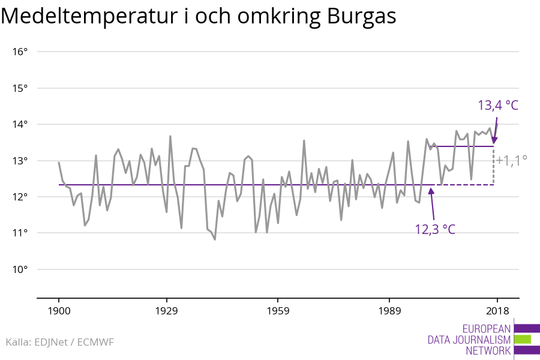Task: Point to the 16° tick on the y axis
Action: coord(20,52)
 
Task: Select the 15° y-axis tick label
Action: coord(20,88)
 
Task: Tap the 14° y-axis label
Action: coord(20,125)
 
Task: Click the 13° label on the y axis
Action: coord(20,161)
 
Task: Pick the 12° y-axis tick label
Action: coord(20,197)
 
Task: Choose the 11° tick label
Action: coord(20,233)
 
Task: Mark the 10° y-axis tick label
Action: coord(20,269)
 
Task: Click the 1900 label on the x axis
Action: coord(59,311)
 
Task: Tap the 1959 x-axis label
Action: coord(277,311)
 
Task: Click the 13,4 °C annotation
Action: coord(497,105)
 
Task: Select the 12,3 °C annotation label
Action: coord(435,229)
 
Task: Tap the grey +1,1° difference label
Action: coord(511,160)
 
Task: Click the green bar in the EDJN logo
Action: coord(523,339)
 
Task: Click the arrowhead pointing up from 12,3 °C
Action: coord(431,191)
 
